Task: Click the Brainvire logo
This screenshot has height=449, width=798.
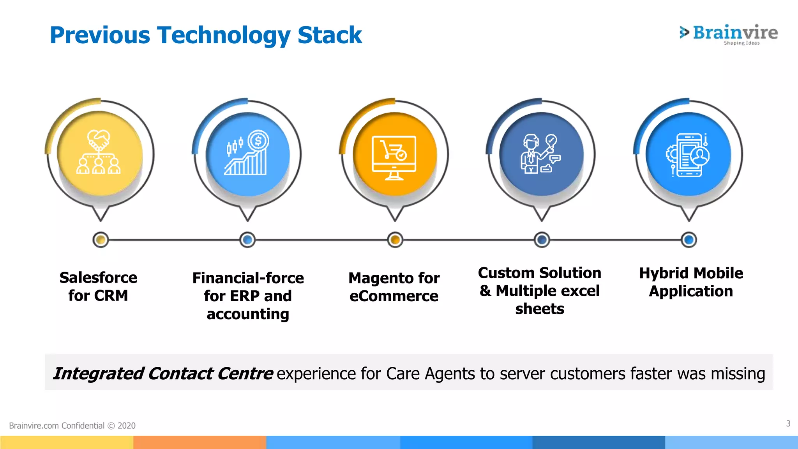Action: tap(729, 34)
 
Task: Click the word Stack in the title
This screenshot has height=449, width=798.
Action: tap(330, 35)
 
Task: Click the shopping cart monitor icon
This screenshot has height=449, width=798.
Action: tap(394, 157)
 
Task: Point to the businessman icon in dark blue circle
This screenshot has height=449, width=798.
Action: tap(540, 154)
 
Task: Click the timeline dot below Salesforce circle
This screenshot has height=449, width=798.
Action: tap(101, 240)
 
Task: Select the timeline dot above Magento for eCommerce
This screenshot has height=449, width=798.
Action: tap(395, 240)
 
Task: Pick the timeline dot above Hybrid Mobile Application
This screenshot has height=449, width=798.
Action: tap(689, 240)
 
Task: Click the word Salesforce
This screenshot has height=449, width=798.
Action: tap(98, 278)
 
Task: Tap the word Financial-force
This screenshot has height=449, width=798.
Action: tap(248, 278)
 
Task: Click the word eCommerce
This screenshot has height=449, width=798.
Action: tap(394, 296)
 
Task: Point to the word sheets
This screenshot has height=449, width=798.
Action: tap(540, 309)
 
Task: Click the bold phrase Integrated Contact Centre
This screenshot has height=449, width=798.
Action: tap(163, 373)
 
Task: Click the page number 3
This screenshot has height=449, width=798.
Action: tap(788, 423)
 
